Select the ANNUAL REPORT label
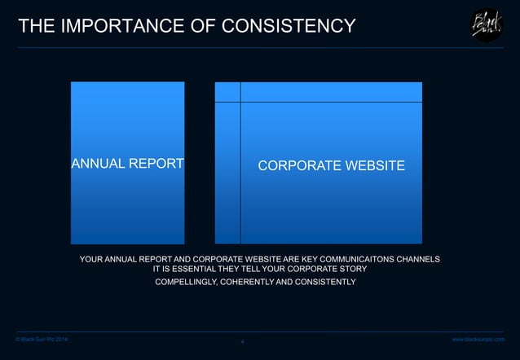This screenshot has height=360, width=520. (128, 164)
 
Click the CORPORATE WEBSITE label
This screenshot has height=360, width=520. (331, 166)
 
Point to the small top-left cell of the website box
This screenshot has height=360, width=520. (227, 92)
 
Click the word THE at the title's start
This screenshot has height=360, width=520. (36, 26)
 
